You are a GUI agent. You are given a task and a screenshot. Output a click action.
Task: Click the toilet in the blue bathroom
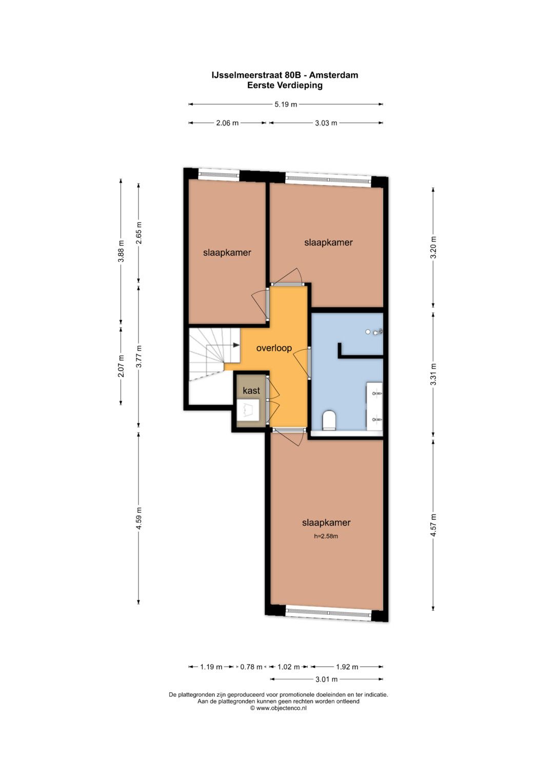coord(329,420)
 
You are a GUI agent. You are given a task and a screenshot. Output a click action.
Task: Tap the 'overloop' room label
coord(274,348)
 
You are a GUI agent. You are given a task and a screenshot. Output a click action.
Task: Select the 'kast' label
coord(251,390)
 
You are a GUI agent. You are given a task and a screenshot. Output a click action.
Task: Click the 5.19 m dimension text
coord(286,104)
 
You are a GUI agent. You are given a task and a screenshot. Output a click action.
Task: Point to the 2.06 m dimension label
coord(227,123)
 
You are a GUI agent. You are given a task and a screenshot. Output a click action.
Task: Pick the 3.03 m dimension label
coord(326,123)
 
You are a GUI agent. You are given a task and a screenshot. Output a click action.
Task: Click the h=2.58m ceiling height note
coord(326,536)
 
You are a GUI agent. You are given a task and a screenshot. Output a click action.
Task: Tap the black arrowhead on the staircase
coord(236,345)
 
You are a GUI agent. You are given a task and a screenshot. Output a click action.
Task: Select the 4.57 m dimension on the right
coord(433,526)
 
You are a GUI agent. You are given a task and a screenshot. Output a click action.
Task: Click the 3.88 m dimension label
coord(121,251)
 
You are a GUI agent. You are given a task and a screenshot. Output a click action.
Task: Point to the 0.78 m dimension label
coord(251,667)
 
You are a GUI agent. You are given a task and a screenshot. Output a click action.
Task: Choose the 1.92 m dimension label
coord(347,667)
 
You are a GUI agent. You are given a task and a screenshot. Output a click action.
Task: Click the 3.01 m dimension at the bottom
coord(326,679)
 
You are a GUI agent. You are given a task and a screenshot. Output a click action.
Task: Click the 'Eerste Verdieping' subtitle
coord(285,85)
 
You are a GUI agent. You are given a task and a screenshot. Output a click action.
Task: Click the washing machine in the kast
coord(248,410)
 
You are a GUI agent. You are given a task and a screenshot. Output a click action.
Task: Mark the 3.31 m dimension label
coord(433,374)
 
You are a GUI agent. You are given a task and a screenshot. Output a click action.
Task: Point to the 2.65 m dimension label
coord(139,233)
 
